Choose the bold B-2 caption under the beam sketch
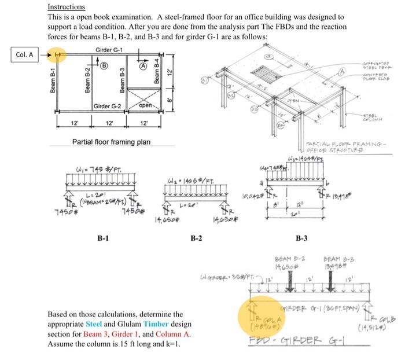pos(198,238)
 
